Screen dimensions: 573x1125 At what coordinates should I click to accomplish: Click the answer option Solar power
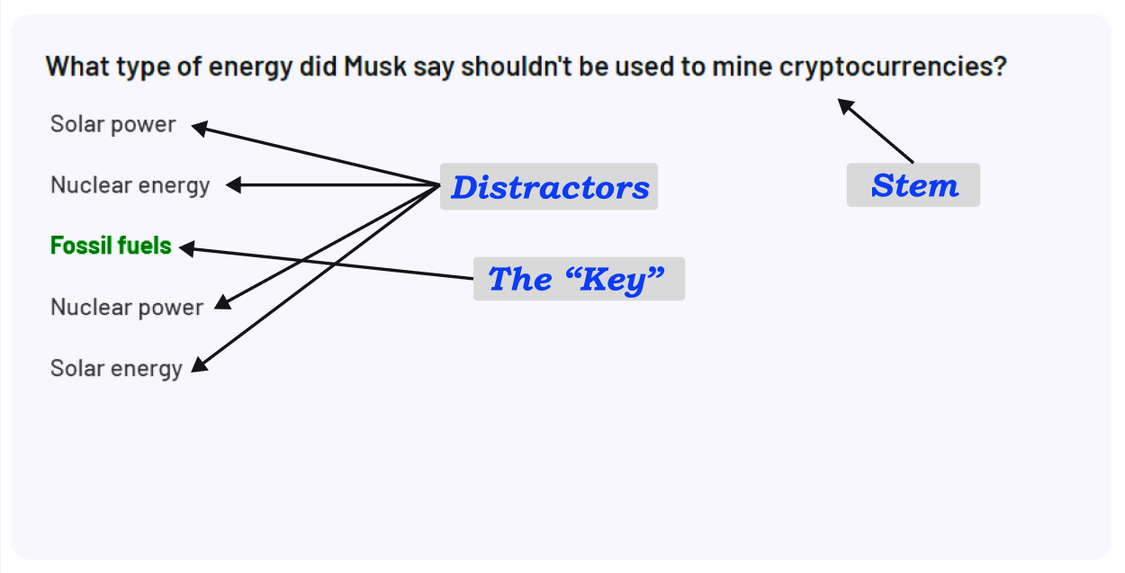(112, 124)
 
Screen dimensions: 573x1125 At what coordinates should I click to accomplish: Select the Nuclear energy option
(130, 185)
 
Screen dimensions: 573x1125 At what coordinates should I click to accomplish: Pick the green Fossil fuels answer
(111, 246)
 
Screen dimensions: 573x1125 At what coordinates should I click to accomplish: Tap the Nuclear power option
(127, 307)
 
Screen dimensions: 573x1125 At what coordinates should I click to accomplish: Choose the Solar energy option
(116, 368)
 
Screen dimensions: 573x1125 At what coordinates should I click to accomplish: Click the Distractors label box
(549, 187)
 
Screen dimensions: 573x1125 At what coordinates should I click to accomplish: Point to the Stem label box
(913, 185)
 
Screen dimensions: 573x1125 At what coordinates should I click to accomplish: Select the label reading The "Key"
(579, 279)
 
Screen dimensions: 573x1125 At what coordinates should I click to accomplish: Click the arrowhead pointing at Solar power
(200, 129)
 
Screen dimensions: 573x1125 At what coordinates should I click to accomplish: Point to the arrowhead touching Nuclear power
(221, 305)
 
